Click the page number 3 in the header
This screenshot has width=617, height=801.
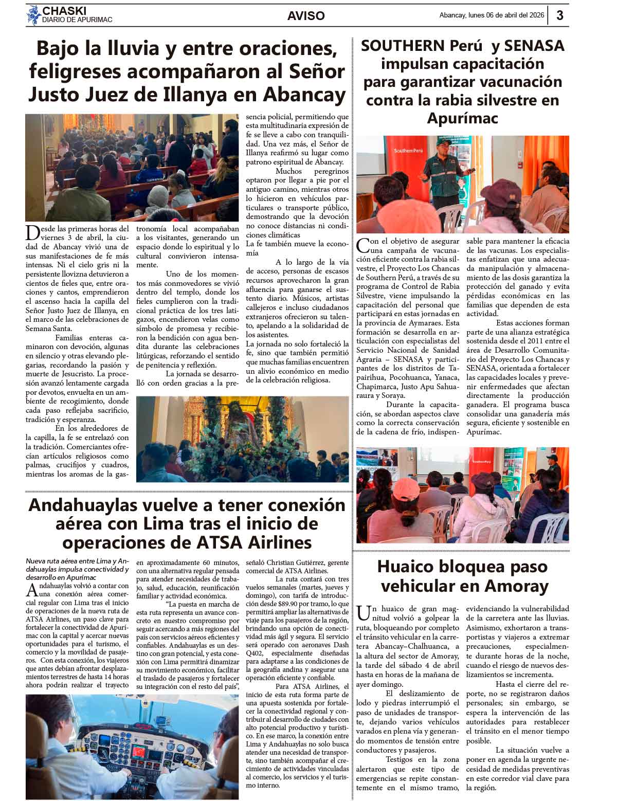coord(560,15)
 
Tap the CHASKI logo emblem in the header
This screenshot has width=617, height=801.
coord(34,15)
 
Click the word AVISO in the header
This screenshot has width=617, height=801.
coord(306,16)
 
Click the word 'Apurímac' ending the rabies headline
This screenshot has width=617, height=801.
coord(462,118)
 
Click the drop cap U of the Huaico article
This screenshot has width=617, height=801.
coord(363,612)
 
